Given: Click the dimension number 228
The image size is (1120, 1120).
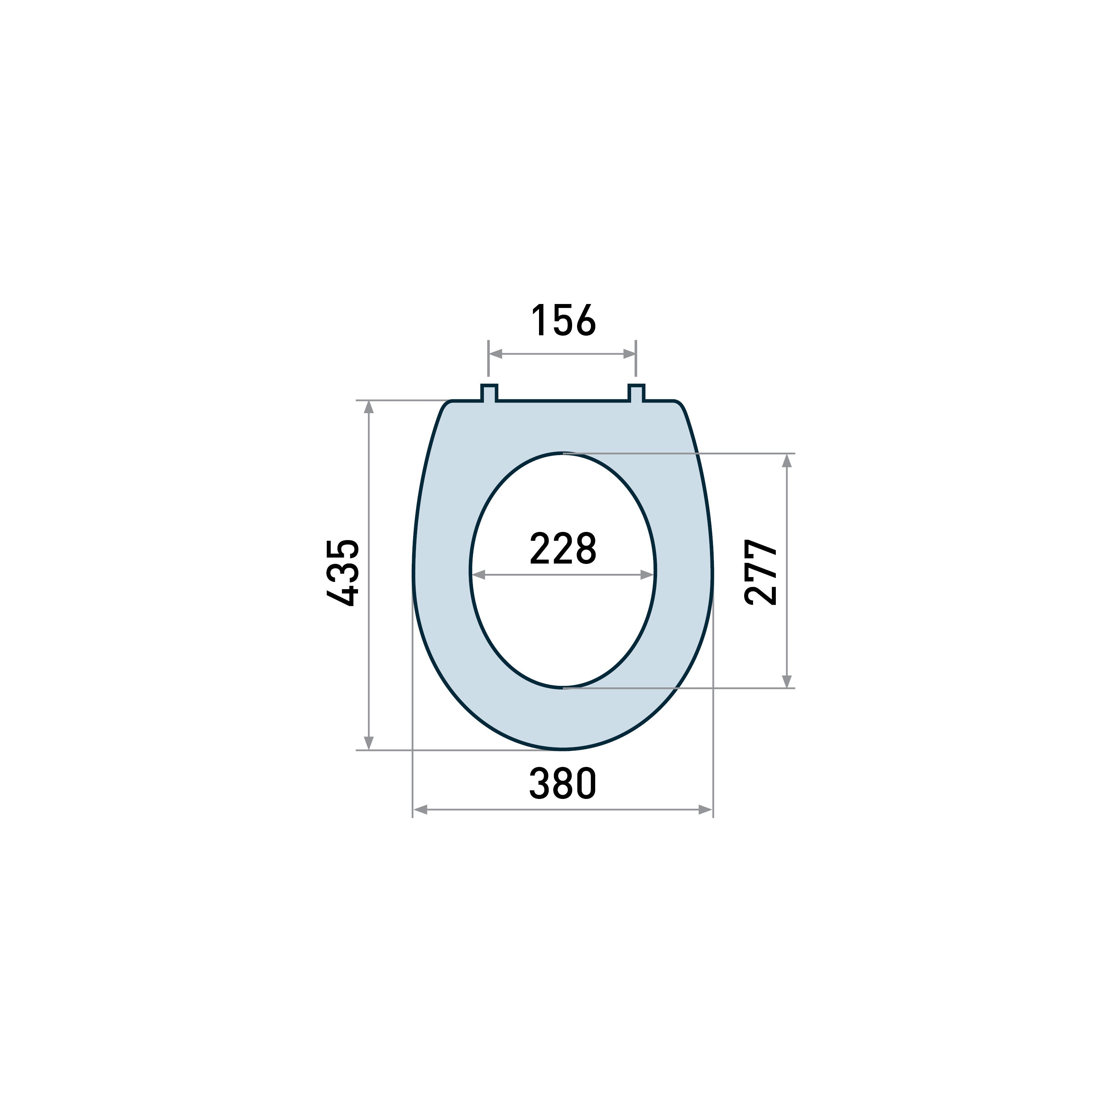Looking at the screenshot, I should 563,548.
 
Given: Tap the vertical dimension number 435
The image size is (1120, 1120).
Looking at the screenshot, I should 343,573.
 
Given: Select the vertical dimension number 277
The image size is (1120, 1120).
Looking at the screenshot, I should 761,573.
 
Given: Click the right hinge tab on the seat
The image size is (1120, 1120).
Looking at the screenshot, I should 636,393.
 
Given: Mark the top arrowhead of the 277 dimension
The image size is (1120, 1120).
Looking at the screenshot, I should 786,461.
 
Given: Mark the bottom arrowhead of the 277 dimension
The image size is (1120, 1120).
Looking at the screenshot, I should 786,681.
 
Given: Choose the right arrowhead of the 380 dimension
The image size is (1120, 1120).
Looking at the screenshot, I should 705,810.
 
